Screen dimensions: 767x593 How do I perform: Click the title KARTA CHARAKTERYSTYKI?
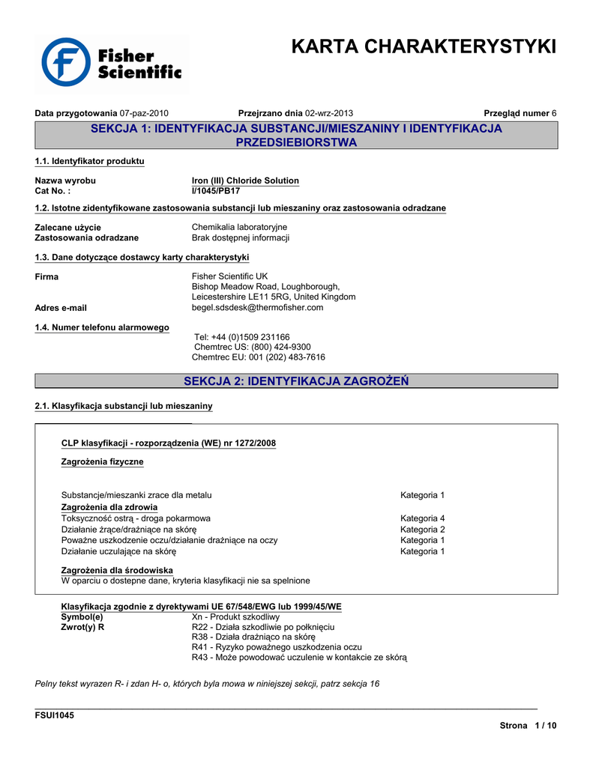[x=424, y=46]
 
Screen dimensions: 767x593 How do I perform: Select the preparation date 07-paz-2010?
[x=144, y=113]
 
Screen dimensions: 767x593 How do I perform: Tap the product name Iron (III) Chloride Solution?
[x=245, y=181]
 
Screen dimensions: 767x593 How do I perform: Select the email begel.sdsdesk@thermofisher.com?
[x=257, y=307]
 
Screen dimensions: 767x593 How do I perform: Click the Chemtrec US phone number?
[x=252, y=348]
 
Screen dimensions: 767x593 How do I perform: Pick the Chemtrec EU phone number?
[x=259, y=358]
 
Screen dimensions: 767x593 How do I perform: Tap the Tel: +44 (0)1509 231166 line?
[x=241, y=337]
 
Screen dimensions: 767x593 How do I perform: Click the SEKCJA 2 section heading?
[x=296, y=381]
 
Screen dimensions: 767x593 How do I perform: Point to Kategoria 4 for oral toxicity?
[x=422, y=518]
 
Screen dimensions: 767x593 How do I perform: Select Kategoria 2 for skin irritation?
[x=422, y=530]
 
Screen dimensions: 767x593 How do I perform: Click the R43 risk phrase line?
[x=299, y=658]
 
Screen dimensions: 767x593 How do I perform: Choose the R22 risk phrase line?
[x=262, y=627]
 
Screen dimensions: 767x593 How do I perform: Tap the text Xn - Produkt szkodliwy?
[x=235, y=616]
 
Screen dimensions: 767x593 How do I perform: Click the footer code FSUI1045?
[x=55, y=715]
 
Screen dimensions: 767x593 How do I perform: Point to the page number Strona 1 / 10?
[x=528, y=726]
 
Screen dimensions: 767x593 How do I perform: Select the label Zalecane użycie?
[x=68, y=227]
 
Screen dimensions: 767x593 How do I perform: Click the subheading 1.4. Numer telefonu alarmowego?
[x=102, y=327]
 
